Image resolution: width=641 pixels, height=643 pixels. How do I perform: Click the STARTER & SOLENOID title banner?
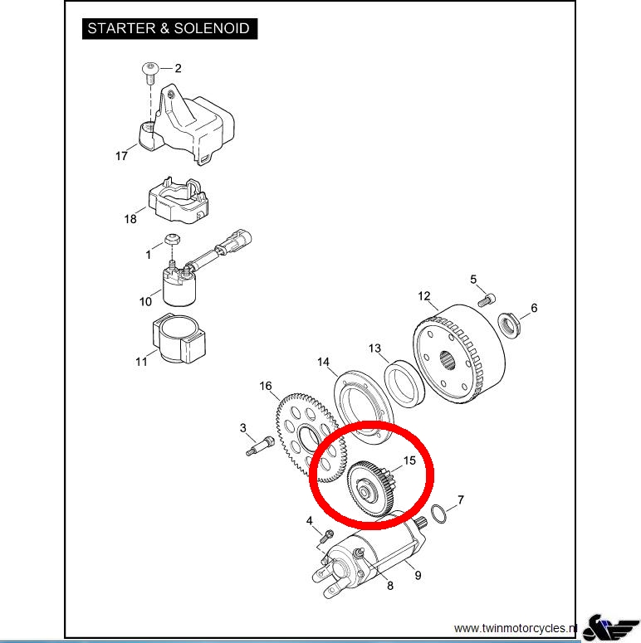coord(170,29)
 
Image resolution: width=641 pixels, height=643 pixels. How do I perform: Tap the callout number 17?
coord(121,156)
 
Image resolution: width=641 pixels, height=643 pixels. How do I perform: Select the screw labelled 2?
coord(150,72)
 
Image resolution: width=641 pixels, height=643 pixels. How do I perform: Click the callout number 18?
coord(130,219)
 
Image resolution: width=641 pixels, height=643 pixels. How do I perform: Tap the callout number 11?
coord(141,362)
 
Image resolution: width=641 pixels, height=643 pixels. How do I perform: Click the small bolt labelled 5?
coord(487,300)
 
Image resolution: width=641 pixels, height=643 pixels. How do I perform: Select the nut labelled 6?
coord(509,325)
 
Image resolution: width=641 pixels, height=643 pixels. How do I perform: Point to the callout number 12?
coord(424,296)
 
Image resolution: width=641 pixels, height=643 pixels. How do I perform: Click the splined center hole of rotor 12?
coord(448,361)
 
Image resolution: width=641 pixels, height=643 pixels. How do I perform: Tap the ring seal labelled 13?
coord(404,384)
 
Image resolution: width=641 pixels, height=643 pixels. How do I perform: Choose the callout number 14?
coord(323,362)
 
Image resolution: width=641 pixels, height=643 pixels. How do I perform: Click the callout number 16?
coord(266,386)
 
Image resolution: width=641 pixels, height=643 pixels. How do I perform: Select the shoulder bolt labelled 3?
coord(260,446)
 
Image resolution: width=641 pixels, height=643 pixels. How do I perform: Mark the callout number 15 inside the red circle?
coord(409,460)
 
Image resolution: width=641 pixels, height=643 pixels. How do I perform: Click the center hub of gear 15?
coord(364,491)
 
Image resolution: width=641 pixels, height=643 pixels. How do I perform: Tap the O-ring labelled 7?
coord(438,514)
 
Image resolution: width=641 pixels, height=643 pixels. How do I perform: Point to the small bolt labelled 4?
coord(328,535)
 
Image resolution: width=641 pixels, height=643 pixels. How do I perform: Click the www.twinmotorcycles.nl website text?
coord(516,628)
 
